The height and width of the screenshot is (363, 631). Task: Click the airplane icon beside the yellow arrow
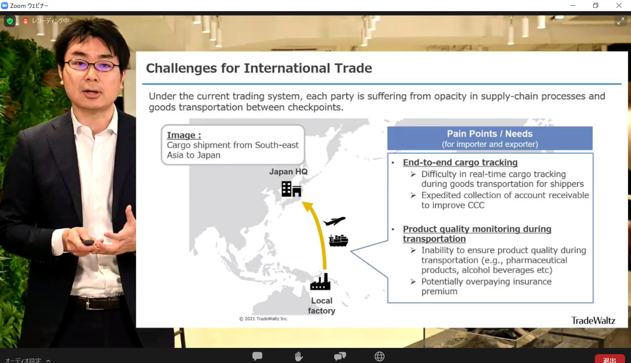click(335, 221)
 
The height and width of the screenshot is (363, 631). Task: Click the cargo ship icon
click(339, 241)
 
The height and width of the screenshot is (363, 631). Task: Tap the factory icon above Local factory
click(320, 282)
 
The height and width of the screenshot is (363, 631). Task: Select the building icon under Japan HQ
click(291, 189)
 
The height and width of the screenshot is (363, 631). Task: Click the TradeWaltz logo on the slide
click(593, 320)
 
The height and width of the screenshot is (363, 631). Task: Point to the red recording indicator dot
click(26, 21)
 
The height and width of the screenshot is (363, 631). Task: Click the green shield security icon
click(10, 21)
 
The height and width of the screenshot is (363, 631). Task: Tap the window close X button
click(619, 6)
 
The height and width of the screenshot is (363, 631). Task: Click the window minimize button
click(573, 6)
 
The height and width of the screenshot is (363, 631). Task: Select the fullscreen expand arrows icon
click(620, 21)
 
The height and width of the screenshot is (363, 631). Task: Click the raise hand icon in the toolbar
click(298, 356)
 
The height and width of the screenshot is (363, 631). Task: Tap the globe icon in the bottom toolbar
click(380, 356)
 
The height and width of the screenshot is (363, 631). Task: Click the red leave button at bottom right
click(610, 359)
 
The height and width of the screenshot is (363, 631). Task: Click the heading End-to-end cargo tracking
click(460, 162)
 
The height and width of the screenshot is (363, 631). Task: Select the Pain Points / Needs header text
click(490, 134)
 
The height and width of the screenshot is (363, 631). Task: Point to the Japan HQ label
click(289, 172)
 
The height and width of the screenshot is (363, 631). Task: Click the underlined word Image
click(181, 135)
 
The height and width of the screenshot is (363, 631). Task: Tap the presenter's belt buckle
click(88, 304)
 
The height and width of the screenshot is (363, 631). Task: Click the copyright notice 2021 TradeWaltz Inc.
click(264, 319)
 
